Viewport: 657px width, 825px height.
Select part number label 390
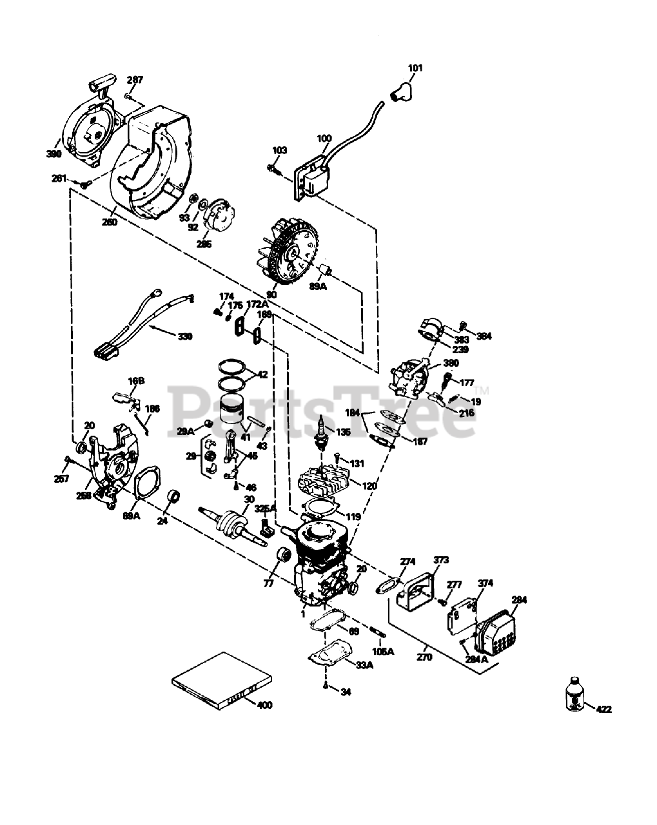[54, 154]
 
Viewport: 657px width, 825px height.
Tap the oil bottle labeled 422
[573, 695]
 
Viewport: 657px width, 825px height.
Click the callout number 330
[184, 336]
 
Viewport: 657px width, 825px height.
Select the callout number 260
[110, 222]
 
